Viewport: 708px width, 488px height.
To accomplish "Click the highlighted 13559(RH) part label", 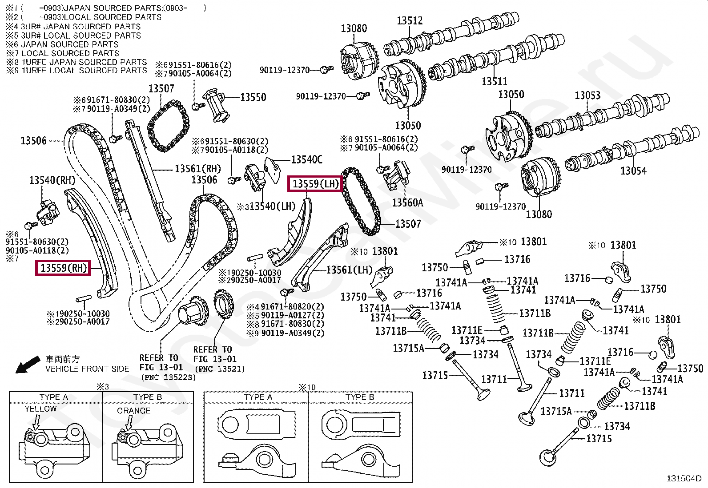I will click(x=63, y=268).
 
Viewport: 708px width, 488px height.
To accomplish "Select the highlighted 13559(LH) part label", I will click(x=315, y=183).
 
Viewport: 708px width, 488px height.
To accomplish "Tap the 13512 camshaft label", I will click(x=409, y=20).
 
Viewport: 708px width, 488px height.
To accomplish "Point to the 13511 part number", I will click(x=494, y=81).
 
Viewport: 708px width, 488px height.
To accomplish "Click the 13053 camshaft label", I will click(x=587, y=95).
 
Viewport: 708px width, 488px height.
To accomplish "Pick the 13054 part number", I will click(x=633, y=171).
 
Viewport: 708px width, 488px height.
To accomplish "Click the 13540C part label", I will click(x=306, y=159).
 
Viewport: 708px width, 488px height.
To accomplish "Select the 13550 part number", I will click(x=253, y=97).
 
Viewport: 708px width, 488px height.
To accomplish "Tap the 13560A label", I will click(x=407, y=202).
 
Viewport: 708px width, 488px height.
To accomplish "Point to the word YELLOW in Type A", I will click(x=40, y=409).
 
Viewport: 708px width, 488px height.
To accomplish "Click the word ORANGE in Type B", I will click(x=133, y=411).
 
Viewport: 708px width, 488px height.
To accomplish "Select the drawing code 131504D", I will click(x=684, y=478).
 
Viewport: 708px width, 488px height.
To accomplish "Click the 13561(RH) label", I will click(x=197, y=169).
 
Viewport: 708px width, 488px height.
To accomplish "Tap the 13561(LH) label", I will click(x=349, y=270).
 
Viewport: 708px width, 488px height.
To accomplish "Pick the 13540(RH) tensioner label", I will click(x=52, y=180).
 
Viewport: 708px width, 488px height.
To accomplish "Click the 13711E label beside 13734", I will click(x=467, y=330).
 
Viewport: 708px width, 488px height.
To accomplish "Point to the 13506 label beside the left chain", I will click(x=33, y=141).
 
